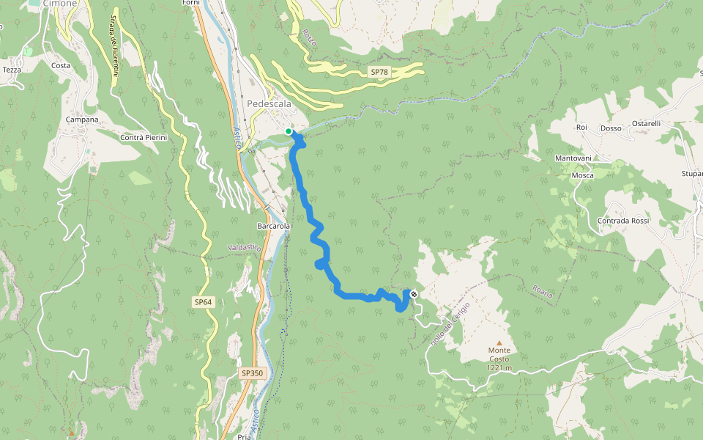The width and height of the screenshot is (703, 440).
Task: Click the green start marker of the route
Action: tap(289, 131)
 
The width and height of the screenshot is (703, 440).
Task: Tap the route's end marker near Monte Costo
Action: tap(414, 294)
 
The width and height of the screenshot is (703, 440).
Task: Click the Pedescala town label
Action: tap(269, 104)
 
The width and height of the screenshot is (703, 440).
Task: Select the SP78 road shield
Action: tap(379, 72)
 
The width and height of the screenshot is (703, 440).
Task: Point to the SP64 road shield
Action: tap(203, 302)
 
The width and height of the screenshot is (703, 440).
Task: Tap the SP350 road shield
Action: tap(251, 373)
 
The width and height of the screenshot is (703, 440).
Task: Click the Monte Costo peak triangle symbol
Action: tap(499, 342)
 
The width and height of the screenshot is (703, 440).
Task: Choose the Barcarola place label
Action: tap(274, 227)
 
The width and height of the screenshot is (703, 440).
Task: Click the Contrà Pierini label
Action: tap(144, 138)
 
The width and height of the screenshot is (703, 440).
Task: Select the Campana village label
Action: tap(82, 120)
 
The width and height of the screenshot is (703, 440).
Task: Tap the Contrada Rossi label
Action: tap(623, 221)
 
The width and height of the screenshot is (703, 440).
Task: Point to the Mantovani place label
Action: tap(573, 158)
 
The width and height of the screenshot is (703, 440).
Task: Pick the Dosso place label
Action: tap(611, 128)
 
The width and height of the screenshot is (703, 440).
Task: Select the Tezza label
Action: tap(12, 70)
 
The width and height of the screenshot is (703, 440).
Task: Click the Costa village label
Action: tap(62, 66)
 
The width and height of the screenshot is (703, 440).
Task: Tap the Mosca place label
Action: tap(582, 176)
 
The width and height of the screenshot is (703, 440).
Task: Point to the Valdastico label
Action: tap(245, 249)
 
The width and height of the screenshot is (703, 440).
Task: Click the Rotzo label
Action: tap(309, 38)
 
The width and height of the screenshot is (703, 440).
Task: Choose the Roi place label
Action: tap(582, 127)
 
